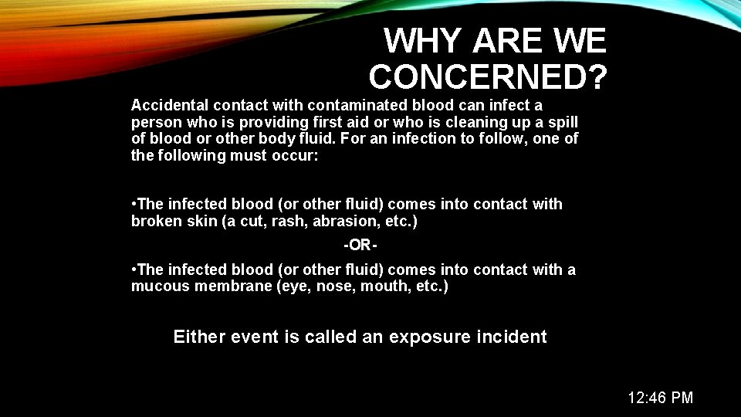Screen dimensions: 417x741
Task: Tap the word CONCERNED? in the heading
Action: (x=488, y=76)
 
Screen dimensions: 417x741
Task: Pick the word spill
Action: (x=562, y=122)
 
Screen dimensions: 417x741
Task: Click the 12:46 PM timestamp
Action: (x=660, y=398)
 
